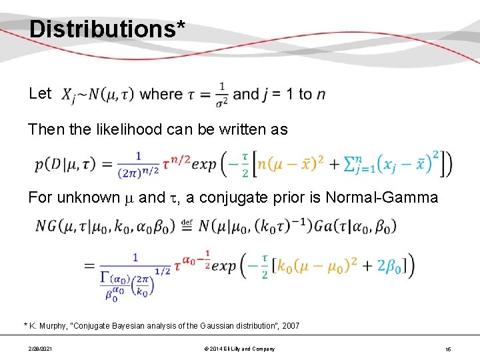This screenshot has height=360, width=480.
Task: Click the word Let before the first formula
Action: click(x=40, y=93)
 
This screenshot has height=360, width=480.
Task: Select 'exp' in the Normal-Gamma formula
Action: click(x=219, y=265)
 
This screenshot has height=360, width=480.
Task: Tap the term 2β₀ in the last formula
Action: click(x=393, y=265)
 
